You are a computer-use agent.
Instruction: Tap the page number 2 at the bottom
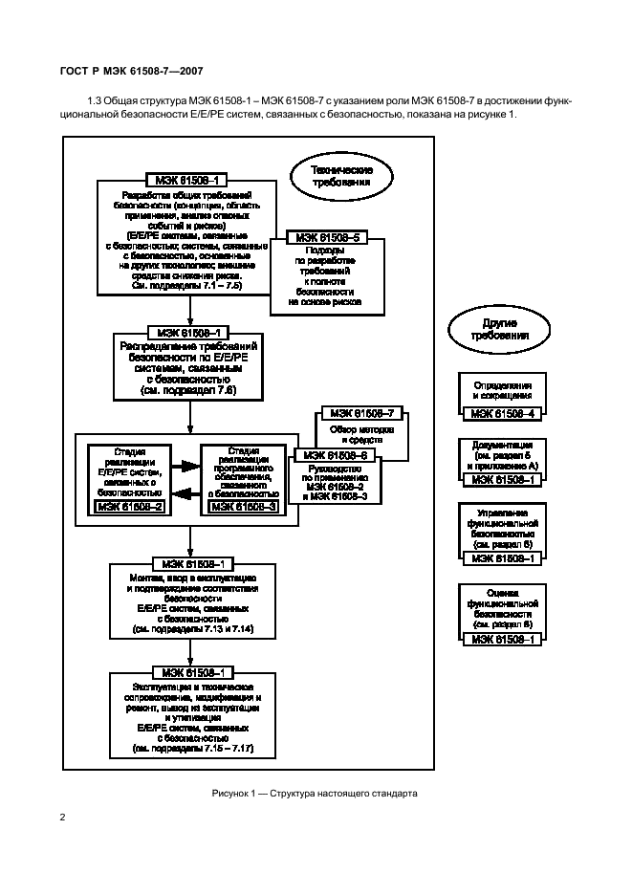click(x=62, y=816)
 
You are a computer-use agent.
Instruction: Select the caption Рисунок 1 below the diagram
click(x=315, y=794)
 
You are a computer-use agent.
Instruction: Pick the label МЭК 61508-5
click(x=328, y=237)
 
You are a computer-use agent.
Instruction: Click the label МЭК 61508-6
click(x=339, y=456)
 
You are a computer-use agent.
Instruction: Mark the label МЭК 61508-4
click(x=503, y=413)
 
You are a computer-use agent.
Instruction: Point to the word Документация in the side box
click(x=502, y=446)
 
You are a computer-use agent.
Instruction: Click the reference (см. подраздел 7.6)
click(x=188, y=390)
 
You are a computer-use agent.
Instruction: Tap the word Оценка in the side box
click(x=503, y=592)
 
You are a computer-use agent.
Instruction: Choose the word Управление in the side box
click(x=503, y=513)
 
